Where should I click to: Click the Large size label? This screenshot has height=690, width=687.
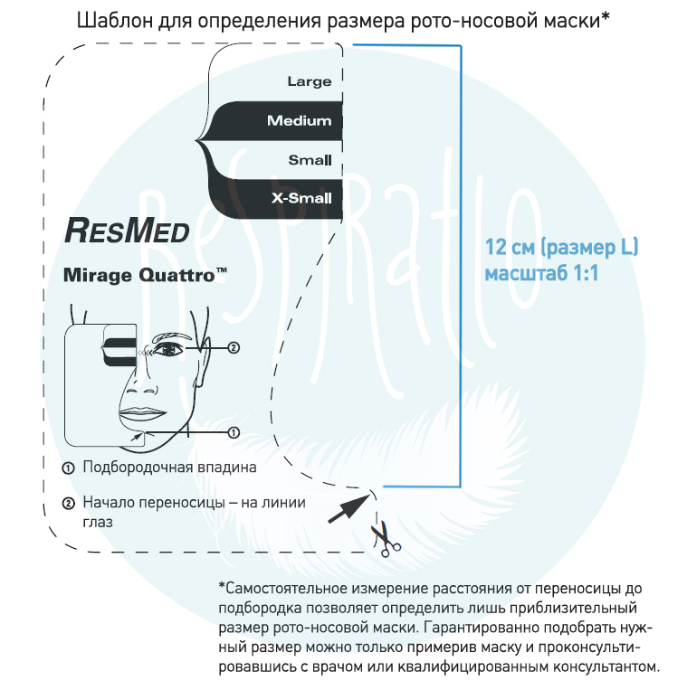pyautogui.click(x=310, y=81)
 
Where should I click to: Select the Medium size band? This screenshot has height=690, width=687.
pyautogui.click(x=275, y=120)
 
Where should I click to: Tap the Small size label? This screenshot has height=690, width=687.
pyautogui.click(x=310, y=160)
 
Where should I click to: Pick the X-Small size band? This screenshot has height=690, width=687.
pyautogui.click(x=276, y=199)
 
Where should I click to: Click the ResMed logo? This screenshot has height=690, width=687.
pyautogui.click(x=127, y=231)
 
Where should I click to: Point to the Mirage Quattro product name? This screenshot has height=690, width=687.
pyautogui.click(x=145, y=275)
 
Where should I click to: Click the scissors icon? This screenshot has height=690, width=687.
pyautogui.click(x=386, y=539)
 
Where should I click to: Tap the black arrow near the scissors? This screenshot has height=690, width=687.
pyautogui.click(x=349, y=508)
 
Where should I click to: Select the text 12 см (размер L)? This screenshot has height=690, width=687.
pyautogui.click(x=561, y=248)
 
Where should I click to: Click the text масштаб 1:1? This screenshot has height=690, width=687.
pyautogui.click(x=541, y=273)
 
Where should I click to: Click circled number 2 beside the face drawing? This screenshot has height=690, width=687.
pyautogui.click(x=234, y=347)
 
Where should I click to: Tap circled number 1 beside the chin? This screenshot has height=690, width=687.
pyautogui.click(x=234, y=432)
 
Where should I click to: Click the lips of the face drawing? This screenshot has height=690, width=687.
pyautogui.click(x=142, y=414)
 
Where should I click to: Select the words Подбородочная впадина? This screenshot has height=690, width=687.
pyautogui.click(x=169, y=468)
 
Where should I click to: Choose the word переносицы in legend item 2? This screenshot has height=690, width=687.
pyautogui.click(x=188, y=503)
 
